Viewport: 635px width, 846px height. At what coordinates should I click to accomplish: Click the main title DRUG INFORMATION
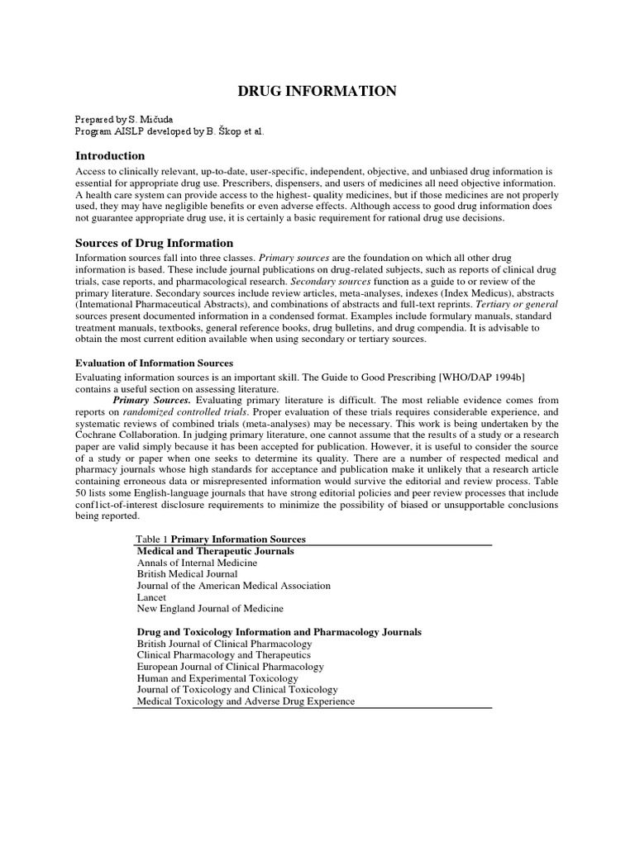(x=317, y=91)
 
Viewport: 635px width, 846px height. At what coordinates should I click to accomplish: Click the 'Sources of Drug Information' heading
(x=155, y=243)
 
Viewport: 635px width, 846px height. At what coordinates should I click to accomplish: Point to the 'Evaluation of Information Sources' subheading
(x=155, y=363)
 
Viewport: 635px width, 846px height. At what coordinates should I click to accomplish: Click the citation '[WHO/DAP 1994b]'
(x=480, y=377)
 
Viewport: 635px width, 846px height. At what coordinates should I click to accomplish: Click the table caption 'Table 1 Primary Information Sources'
(x=221, y=539)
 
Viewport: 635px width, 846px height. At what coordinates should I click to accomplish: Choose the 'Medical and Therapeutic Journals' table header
(x=215, y=550)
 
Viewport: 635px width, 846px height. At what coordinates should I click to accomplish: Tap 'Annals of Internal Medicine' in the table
(x=197, y=562)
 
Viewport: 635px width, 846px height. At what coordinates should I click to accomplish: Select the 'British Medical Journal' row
(x=187, y=573)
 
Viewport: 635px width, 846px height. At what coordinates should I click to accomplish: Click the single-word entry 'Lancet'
(x=151, y=596)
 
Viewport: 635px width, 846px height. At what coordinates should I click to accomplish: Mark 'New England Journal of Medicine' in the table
(x=210, y=608)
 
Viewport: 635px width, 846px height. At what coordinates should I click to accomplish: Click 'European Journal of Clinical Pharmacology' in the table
(x=230, y=666)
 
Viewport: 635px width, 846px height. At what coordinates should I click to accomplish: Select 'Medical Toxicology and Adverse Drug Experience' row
(x=246, y=701)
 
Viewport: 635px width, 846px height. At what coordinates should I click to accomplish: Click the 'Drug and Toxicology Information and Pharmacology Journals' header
(x=279, y=631)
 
